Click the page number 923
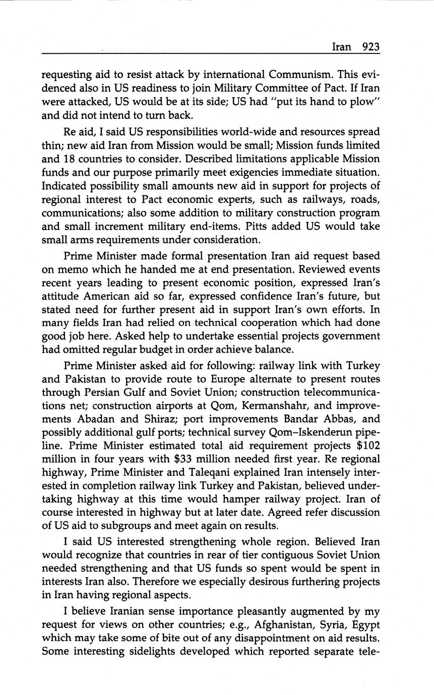point(370,47)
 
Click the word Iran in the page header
point(342,47)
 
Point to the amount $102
point(367,446)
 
